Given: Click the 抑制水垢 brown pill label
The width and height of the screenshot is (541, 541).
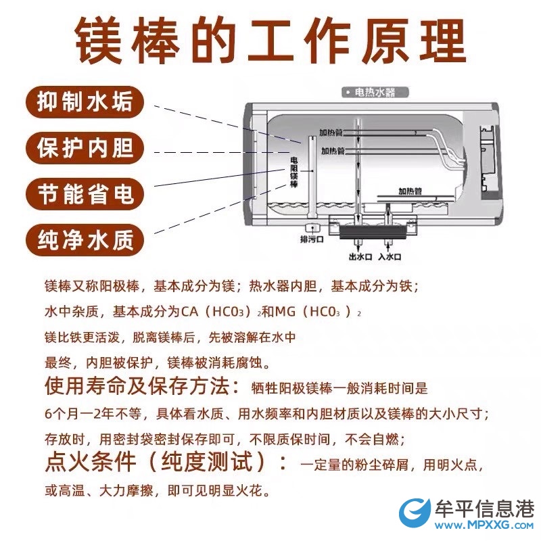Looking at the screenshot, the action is pyautogui.click(x=85, y=102).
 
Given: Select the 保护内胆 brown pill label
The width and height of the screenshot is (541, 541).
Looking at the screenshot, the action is pyautogui.click(x=85, y=148).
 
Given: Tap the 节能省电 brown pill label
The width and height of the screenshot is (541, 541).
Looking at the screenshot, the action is pyautogui.click(x=85, y=194).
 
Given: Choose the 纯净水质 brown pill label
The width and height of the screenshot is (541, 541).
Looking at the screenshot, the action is pyautogui.click(x=85, y=240).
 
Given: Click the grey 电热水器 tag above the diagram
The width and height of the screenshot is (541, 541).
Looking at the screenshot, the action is pyautogui.click(x=375, y=93).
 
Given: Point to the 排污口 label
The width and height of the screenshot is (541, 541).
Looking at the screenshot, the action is pyautogui.click(x=312, y=239).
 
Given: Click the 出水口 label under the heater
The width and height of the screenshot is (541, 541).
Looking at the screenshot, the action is pyautogui.click(x=360, y=257).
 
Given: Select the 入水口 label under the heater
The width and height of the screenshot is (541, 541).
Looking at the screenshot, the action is pyautogui.click(x=390, y=257).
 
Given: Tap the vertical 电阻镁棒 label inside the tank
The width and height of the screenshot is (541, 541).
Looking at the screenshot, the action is pyautogui.click(x=294, y=172).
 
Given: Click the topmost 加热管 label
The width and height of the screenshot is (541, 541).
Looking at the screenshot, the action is pyautogui.click(x=331, y=132).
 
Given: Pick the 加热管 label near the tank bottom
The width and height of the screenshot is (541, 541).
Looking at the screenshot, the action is pyautogui.click(x=410, y=191).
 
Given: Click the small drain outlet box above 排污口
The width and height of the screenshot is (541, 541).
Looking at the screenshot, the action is pyautogui.click(x=312, y=228).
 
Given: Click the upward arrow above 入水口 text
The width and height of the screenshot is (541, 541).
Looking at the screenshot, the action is pyautogui.click(x=388, y=246).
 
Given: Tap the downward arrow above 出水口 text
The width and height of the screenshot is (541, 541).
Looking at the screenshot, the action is pyautogui.click(x=359, y=246).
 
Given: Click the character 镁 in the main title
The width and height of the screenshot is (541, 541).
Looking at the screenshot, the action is pyautogui.click(x=99, y=41).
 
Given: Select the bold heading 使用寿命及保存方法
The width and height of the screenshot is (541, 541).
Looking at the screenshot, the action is pyautogui.click(x=142, y=386).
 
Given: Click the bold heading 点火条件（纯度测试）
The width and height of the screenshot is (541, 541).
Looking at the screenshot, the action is pyautogui.click(x=166, y=462).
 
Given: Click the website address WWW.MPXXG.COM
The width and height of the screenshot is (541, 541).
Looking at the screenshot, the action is pyautogui.click(x=484, y=525).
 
